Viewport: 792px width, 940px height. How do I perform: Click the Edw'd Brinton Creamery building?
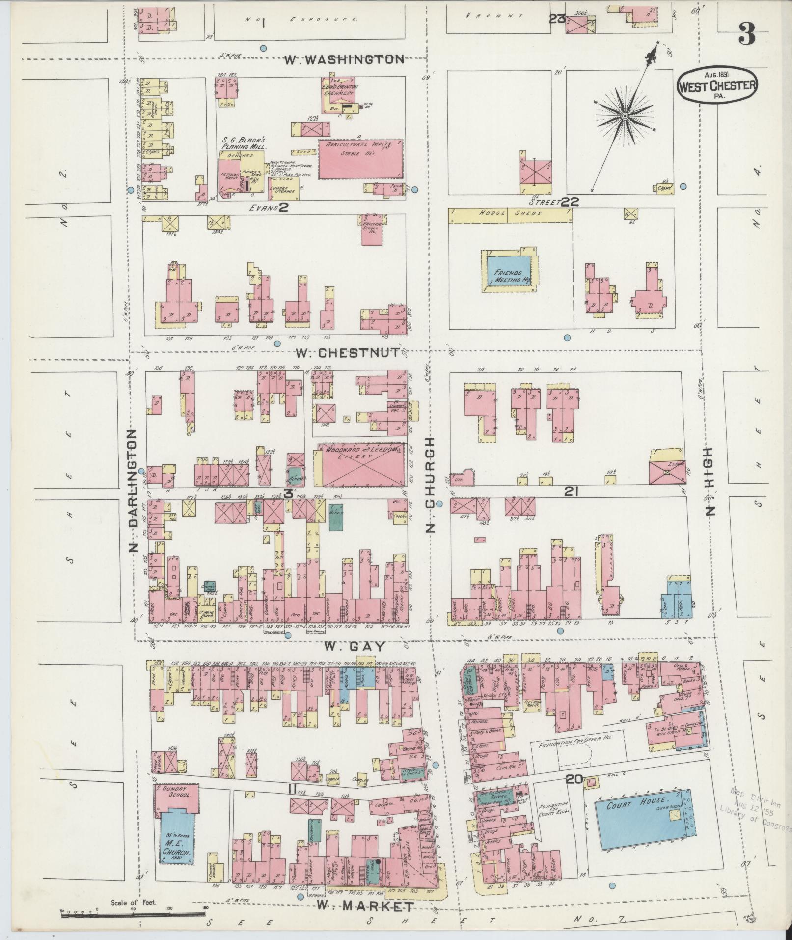tap(339, 94)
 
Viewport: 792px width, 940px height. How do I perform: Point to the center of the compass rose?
tap(625, 116)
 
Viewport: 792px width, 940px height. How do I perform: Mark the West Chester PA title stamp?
tap(717, 86)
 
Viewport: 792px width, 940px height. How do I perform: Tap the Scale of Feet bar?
tap(133, 913)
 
